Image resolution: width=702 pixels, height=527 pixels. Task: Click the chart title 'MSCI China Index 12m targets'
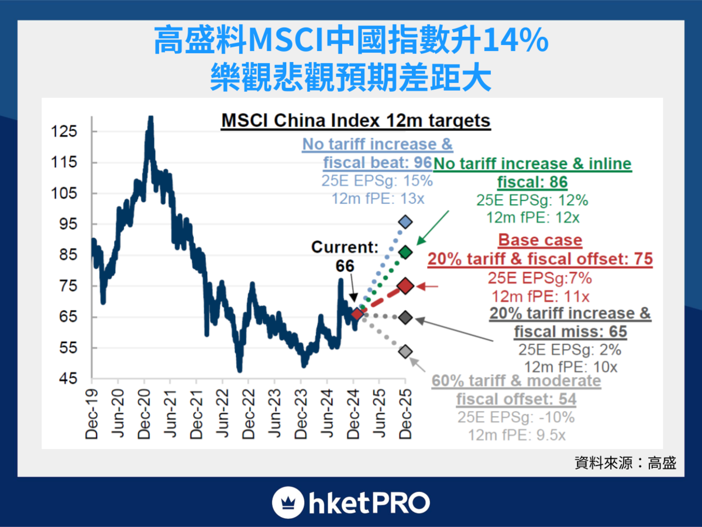click(355, 121)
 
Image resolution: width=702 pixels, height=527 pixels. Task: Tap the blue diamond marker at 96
click(405, 222)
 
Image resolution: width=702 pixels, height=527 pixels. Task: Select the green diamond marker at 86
click(405, 252)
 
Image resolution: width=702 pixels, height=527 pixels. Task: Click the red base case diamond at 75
click(405, 286)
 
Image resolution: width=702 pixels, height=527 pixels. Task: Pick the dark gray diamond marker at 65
click(405, 317)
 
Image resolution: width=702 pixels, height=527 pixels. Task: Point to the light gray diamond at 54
click(405, 351)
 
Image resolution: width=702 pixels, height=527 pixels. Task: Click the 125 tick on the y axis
click(65, 132)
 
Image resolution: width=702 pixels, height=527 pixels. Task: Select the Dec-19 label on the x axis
click(92, 413)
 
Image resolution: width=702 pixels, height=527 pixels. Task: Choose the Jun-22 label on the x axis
click(222, 413)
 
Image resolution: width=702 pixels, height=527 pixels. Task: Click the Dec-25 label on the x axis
click(405, 413)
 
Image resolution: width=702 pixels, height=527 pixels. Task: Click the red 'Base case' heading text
click(540, 240)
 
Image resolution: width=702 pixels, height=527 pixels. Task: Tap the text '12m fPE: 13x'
click(377, 198)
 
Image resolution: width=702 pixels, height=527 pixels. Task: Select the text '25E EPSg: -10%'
click(516, 418)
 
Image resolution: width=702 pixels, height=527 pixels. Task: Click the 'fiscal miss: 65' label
click(570, 332)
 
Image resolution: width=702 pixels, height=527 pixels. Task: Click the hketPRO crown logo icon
click(287, 502)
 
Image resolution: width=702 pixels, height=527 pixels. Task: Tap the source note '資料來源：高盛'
click(625, 463)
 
